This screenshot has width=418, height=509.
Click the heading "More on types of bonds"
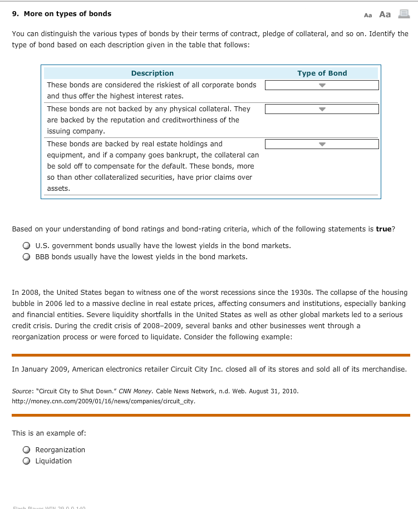click(x=67, y=13)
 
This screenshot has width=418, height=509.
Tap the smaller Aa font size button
click(x=367, y=14)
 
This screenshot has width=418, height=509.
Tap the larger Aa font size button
click(x=385, y=14)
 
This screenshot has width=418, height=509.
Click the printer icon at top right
click(x=404, y=14)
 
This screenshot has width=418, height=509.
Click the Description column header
click(x=152, y=73)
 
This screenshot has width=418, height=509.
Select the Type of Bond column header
click(x=322, y=73)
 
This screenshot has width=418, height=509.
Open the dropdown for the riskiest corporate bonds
click(x=322, y=85)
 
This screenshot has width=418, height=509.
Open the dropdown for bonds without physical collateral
click(x=322, y=109)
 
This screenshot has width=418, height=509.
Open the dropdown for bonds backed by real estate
click(x=322, y=144)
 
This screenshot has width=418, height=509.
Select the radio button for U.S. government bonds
click(x=26, y=246)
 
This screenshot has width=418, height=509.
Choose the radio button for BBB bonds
click(x=26, y=257)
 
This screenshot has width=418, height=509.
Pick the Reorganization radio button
click(x=26, y=450)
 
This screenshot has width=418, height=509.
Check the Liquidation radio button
click(x=26, y=461)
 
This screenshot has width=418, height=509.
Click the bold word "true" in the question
click(x=384, y=229)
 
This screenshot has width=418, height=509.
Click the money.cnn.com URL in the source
click(x=104, y=401)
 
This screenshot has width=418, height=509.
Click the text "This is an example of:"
click(x=49, y=433)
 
